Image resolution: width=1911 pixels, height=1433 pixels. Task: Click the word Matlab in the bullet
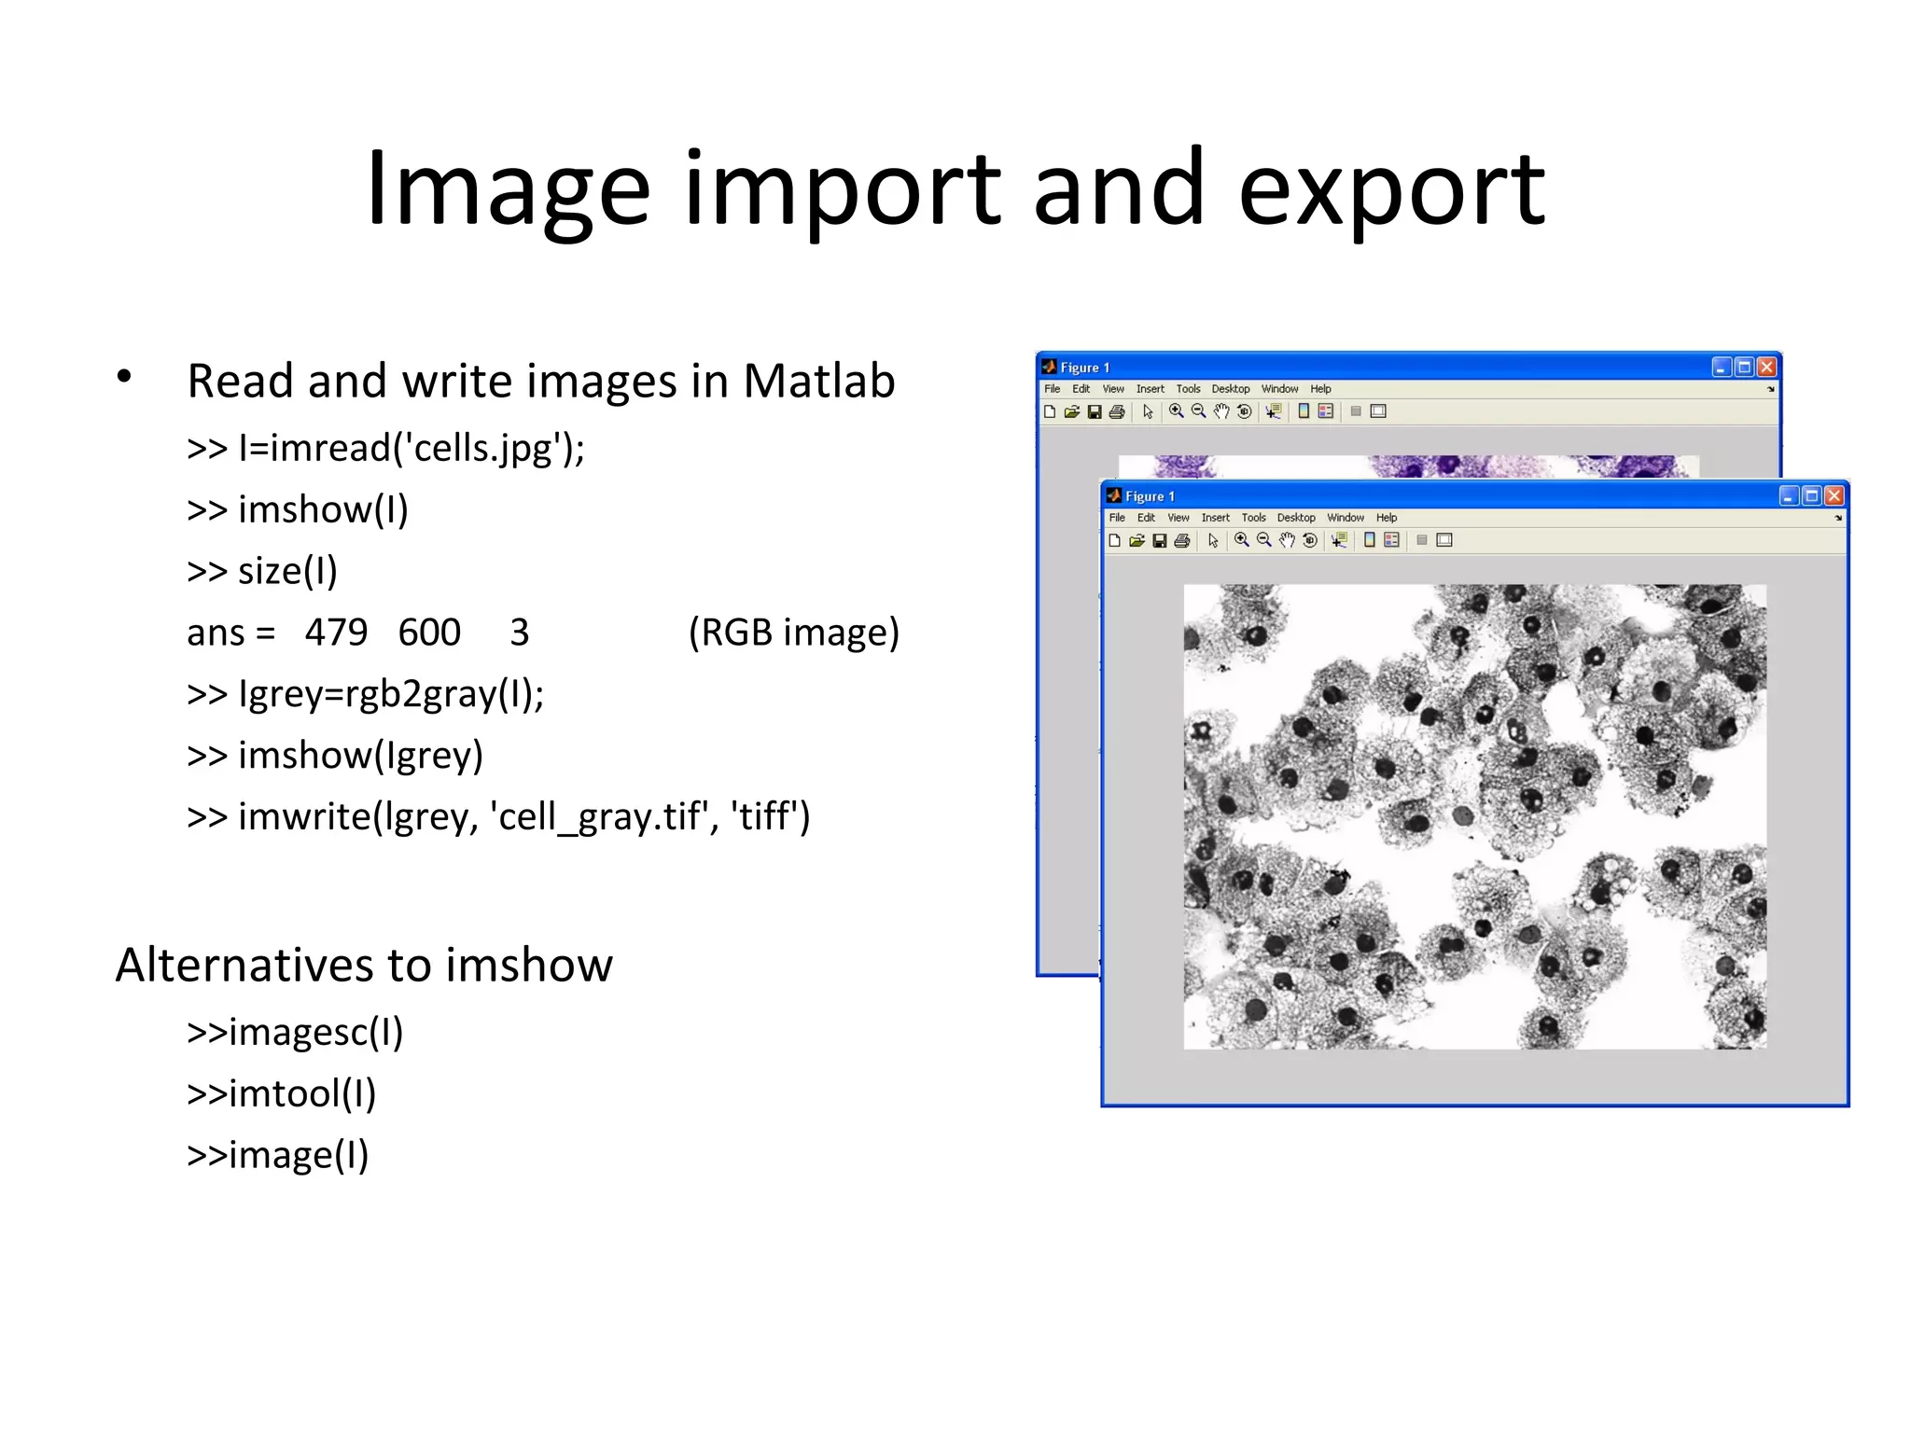pyautogui.click(x=818, y=382)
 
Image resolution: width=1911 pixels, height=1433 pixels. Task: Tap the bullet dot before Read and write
pyautogui.click(x=124, y=377)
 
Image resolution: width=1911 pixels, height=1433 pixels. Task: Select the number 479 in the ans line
pyautogui.click(x=336, y=633)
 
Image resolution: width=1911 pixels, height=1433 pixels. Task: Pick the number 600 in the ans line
pyautogui.click(x=429, y=633)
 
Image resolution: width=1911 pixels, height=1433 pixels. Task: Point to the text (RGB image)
pyautogui.click(x=793, y=633)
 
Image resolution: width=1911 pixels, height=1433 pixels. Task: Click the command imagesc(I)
pyautogui.click(x=295, y=1033)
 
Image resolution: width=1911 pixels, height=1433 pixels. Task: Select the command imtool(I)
pyautogui.click(x=282, y=1094)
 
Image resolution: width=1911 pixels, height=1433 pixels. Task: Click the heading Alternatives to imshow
pyautogui.click(x=364, y=965)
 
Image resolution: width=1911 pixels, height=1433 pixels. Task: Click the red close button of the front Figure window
pyautogui.click(x=1834, y=495)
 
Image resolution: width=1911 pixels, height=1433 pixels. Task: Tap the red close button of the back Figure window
pyautogui.click(x=1766, y=367)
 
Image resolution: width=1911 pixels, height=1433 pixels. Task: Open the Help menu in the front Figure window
pyautogui.click(x=1387, y=518)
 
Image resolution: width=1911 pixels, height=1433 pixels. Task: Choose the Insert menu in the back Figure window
pyautogui.click(x=1150, y=389)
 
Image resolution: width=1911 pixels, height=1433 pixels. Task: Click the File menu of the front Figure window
pyautogui.click(x=1117, y=518)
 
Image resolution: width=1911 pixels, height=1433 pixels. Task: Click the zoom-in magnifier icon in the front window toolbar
pyautogui.click(x=1241, y=540)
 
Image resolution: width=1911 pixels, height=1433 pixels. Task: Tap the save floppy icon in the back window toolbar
pyautogui.click(x=1095, y=411)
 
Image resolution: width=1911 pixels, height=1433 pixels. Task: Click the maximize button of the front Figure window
pyautogui.click(x=1811, y=495)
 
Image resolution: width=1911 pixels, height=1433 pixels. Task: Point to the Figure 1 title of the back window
pyautogui.click(x=1084, y=368)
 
